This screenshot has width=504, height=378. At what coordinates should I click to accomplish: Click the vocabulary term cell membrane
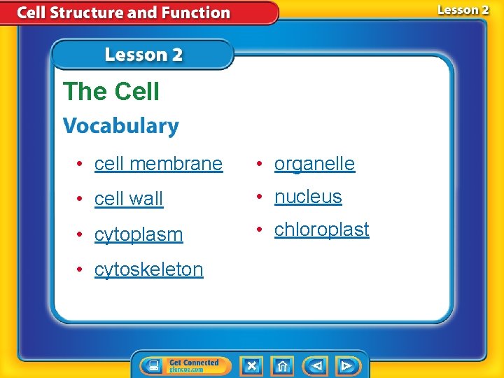pyautogui.click(x=158, y=164)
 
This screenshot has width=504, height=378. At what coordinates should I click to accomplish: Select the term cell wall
pyautogui.click(x=129, y=199)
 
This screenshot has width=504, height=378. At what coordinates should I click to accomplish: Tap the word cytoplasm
pyautogui.click(x=139, y=234)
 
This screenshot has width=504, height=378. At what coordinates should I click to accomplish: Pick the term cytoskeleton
pyautogui.click(x=149, y=269)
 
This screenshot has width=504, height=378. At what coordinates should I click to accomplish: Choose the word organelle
pyautogui.click(x=314, y=164)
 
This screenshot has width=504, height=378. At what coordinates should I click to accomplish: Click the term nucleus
pyautogui.click(x=308, y=197)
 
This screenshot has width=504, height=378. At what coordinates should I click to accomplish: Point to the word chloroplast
pyautogui.click(x=321, y=230)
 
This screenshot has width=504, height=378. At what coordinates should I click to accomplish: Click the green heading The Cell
pyautogui.click(x=111, y=92)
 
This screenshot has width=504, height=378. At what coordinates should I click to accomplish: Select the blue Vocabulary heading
pyautogui.click(x=121, y=126)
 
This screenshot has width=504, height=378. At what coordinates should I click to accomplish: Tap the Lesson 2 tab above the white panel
pyautogui.click(x=143, y=55)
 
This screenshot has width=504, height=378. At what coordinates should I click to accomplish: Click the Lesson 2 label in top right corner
pyautogui.click(x=463, y=10)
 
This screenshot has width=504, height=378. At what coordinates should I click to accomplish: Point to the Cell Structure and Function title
pyautogui.click(x=123, y=13)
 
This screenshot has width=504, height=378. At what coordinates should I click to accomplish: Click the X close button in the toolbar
pyautogui.click(x=251, y=365)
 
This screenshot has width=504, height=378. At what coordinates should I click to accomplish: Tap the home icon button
pyautogui.click(x=283, y=365)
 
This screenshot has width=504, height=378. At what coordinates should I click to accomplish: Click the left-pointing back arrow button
pyautogui.click(x=316, y=365)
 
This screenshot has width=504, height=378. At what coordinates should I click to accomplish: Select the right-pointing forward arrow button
pyautogui.click(x=346, y=365)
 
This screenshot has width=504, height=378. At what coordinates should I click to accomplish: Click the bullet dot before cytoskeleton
pyautogui.click(x=81, y=270)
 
